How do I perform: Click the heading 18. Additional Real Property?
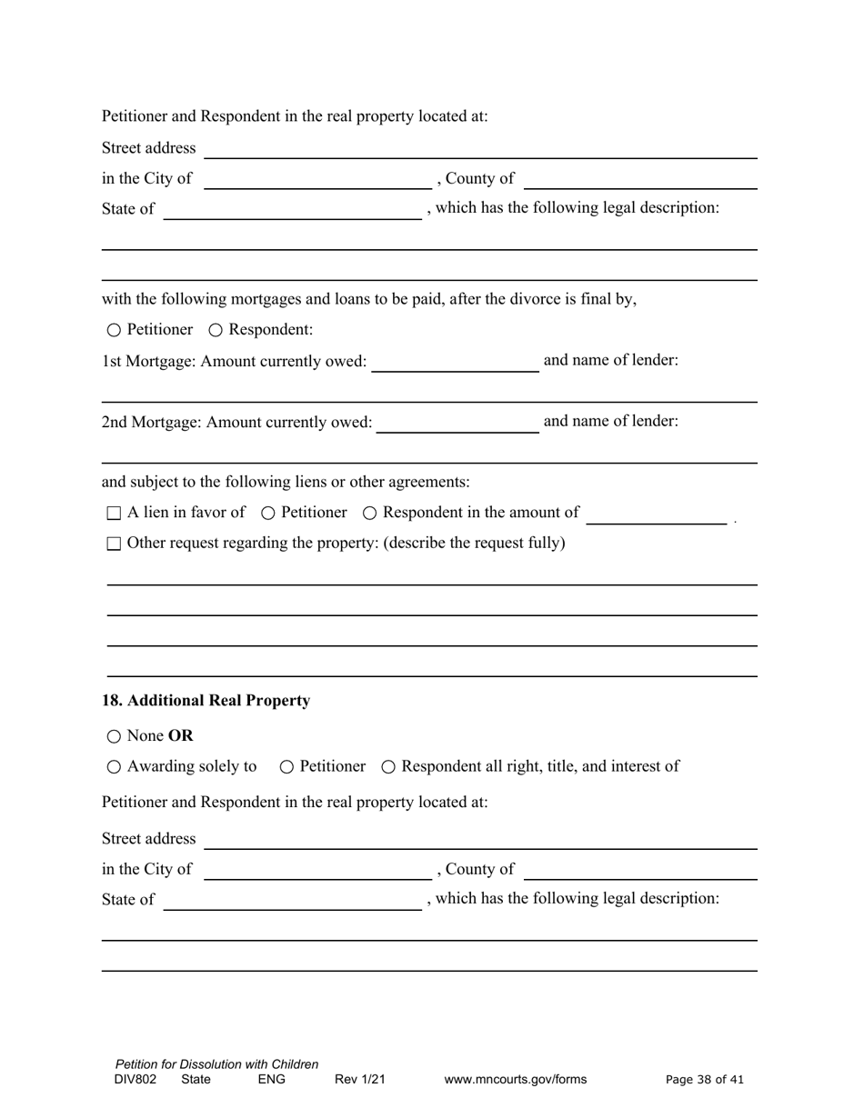[x=206, y=701]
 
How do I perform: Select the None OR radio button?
[x=113, y=736]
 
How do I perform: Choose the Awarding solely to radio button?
[x=113, y=767]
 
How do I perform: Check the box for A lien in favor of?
[x=114, y=514]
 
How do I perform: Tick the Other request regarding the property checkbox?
[x=114, y=544]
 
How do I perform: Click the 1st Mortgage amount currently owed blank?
[x=455, y=362]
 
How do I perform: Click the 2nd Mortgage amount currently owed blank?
[x=457, y=423]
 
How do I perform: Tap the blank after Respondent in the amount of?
[x=656, y=514]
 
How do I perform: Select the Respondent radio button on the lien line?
[x=370, y=514]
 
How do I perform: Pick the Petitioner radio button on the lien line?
[x=268, y=514]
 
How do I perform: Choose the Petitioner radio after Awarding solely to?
[x=287, y=767]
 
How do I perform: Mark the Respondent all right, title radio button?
[x=388, y=767]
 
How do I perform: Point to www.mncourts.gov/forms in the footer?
[x=515, y=1080]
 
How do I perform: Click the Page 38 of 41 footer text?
[x=704, y=1080]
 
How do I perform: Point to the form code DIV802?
[x=136, y=1080]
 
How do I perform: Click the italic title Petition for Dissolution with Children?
[x=216, y=1064]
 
